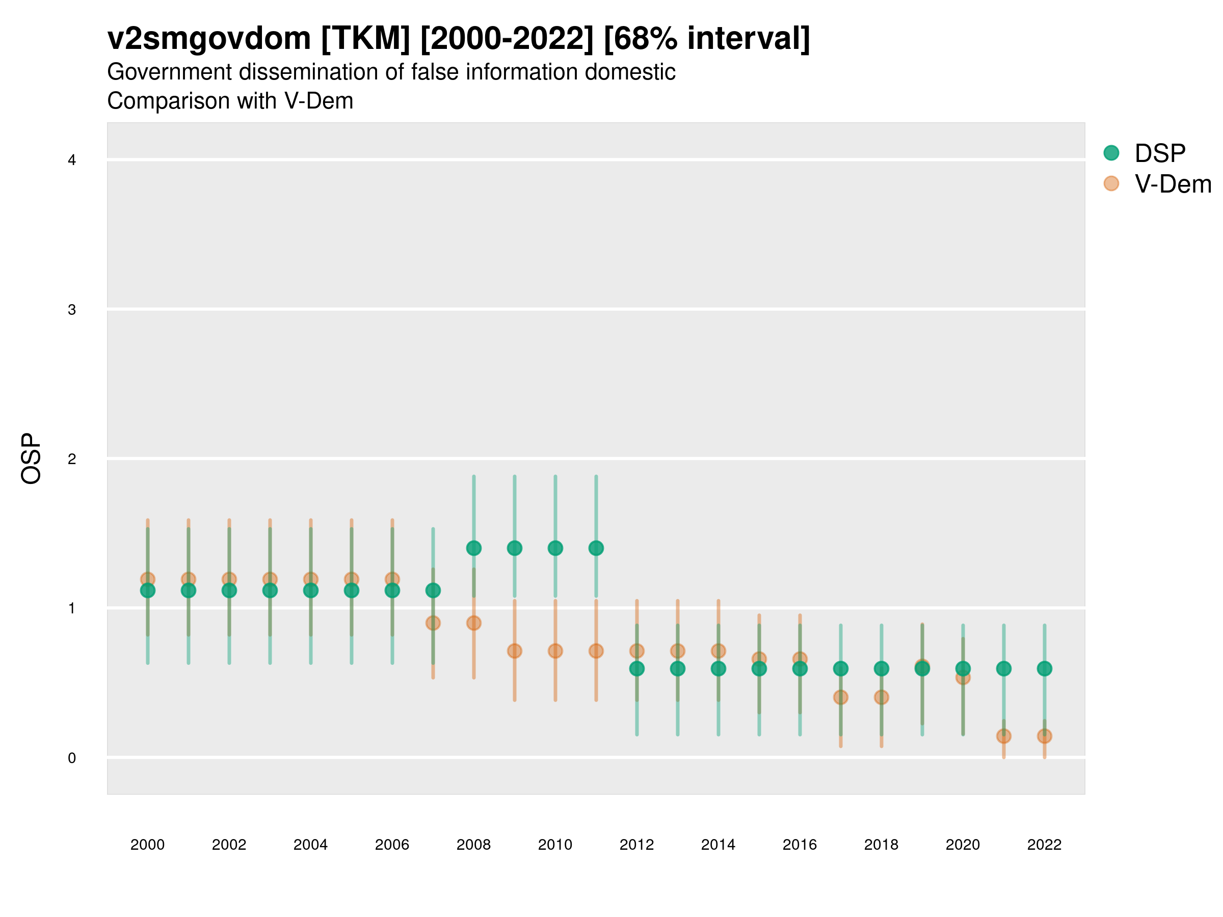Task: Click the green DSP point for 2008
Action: (x=474, y=548)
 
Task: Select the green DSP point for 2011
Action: (x=596, y=548)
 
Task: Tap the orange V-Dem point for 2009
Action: (x=515, y=651)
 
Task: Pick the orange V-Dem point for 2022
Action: (x=1045, y=736)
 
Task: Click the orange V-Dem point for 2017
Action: (x=840, y=697)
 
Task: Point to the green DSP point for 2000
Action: (x=148, y=591)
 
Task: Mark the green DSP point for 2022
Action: (x=1045, y=669)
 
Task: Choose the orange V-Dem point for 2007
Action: (x=433, y=624)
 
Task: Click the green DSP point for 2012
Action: (x=637, y=669)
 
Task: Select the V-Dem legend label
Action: (x=1173, y=184)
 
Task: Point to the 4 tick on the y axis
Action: (x=72, y=160)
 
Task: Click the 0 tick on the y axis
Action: (x=72, y=758)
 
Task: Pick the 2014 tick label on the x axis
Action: (x=718, y=845)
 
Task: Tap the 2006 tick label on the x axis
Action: (x=392, y=845)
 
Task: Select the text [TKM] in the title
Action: (x=365, y=39)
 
